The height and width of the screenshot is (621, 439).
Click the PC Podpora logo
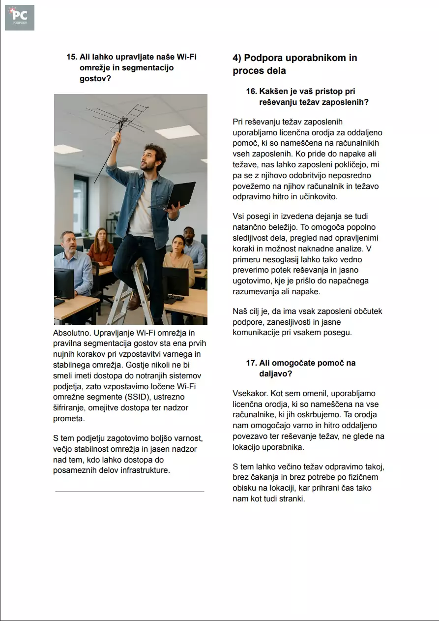(x=20, y=18)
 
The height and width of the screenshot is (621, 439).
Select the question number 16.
(x=251, y=92)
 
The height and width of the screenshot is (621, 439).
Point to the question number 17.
(x=251, y=363)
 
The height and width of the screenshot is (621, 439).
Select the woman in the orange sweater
(x=101, y=248)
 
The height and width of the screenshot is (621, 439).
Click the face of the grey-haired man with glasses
(x=68, y=242)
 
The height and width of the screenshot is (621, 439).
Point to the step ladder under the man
(x=128, y=295)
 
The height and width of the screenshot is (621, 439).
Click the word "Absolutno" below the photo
(x=70, y=333)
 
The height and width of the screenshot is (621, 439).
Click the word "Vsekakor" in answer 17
(x=250, y=393)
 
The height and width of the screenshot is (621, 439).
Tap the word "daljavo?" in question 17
(x=276, y=374)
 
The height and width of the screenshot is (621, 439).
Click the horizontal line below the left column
(x=129, y=491)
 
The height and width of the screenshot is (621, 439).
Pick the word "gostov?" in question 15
(x=95, y=79)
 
